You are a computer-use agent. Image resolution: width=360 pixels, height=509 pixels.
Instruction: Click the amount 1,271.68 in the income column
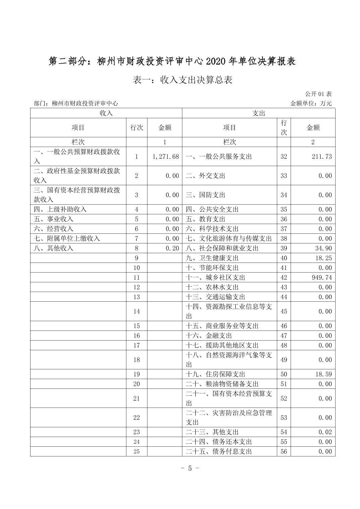point(166,156)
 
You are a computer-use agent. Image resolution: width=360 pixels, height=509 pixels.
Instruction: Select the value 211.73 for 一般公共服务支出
point(322,156)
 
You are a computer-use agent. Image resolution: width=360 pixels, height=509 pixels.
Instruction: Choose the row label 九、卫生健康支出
point(212,258)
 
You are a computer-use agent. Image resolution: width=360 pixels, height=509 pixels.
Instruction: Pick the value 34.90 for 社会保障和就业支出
point(323,248)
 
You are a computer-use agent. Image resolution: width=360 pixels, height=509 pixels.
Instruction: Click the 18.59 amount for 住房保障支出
point(323,374)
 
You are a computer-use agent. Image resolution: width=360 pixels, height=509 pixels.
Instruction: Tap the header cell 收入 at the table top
point(106,113)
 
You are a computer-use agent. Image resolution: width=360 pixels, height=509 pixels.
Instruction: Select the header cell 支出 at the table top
point(258,113)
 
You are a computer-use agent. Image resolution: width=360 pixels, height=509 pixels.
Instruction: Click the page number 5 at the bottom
point(190,468)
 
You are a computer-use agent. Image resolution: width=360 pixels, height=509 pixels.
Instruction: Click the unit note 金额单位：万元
point(311,103)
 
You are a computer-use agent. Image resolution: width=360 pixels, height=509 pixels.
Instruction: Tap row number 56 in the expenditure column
point(284,451)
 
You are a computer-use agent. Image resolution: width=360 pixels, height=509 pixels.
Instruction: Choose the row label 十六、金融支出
point(209,336)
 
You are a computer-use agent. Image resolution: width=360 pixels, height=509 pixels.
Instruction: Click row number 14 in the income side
point(136,311)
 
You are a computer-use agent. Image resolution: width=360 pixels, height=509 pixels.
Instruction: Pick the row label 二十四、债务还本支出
point(219,442)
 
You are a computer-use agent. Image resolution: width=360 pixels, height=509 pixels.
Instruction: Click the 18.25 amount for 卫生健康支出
point(323,258)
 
